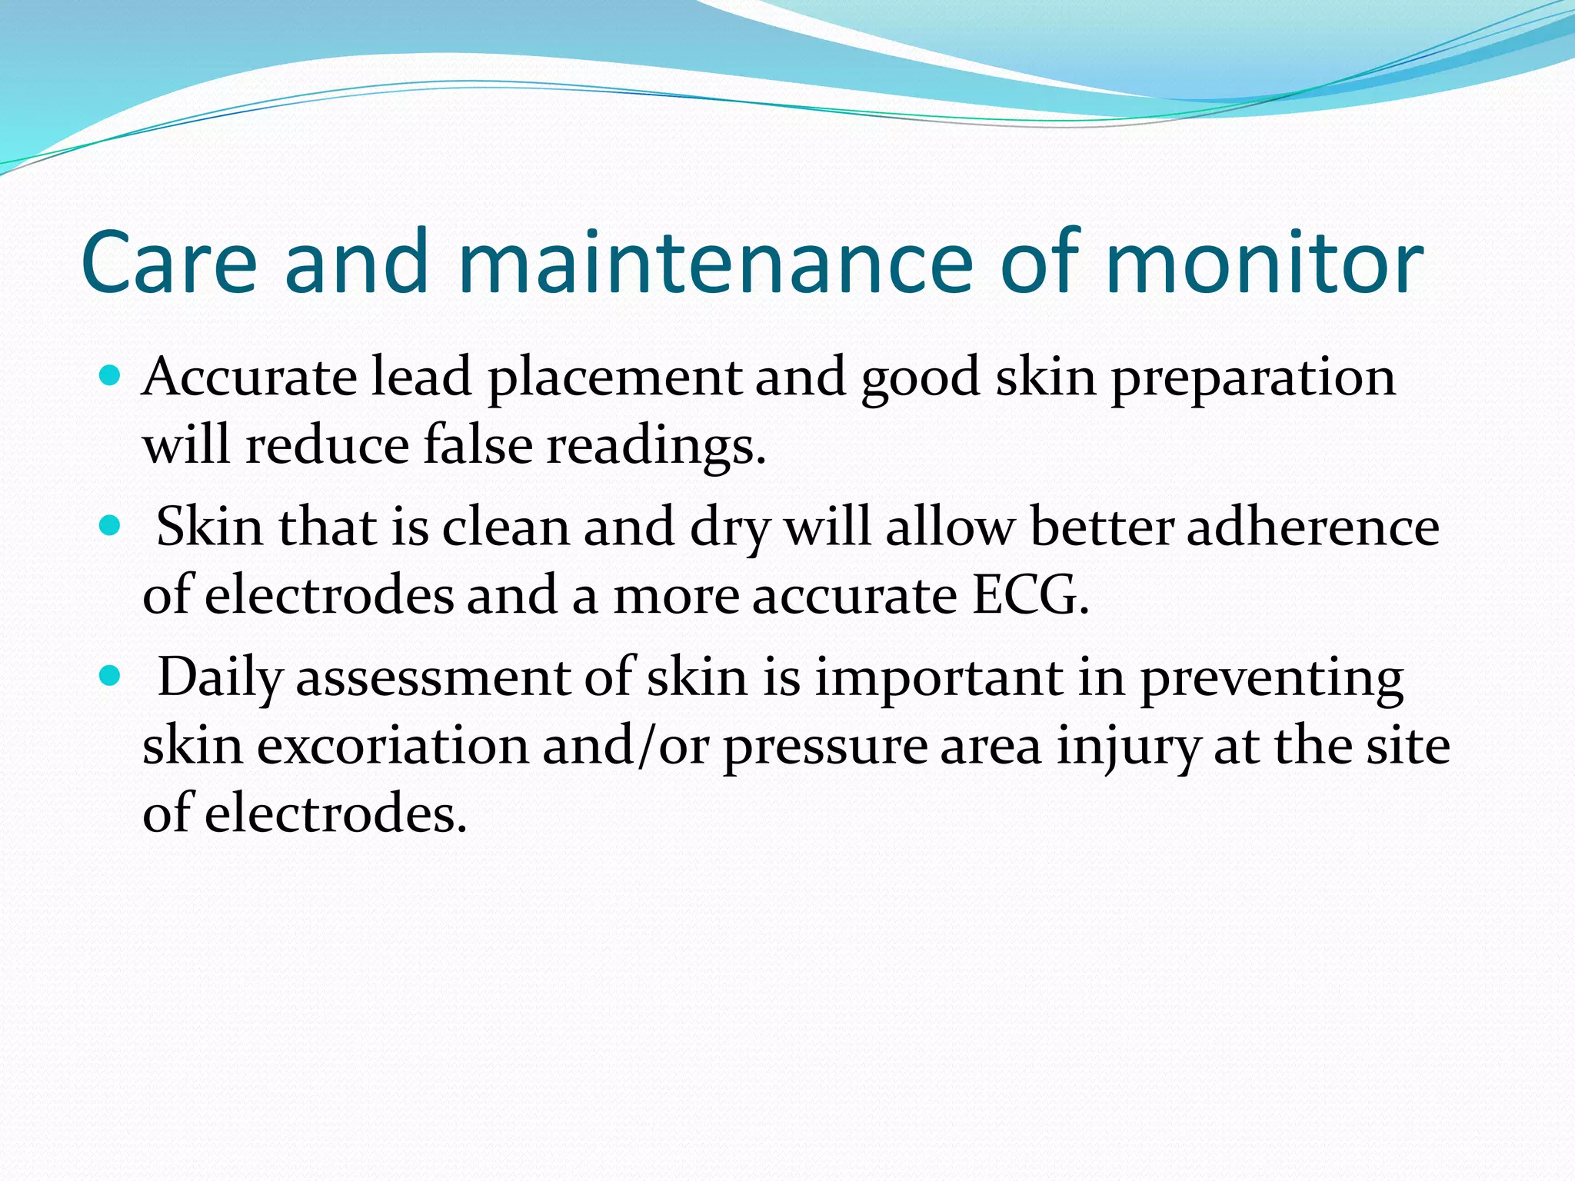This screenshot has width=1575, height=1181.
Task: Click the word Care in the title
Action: click(168, 263)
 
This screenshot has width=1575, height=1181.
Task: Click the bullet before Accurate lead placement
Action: click(111, 376)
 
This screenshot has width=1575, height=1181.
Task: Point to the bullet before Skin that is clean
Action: click(111, 526)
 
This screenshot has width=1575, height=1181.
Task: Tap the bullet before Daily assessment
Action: click(111, 676)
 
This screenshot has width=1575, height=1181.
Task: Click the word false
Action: click(478, 445)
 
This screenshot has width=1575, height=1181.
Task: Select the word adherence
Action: click(1312, 527)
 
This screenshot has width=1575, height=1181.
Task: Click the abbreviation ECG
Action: click(1030, 595)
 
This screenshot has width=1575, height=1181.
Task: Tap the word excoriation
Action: click(392, 746)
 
